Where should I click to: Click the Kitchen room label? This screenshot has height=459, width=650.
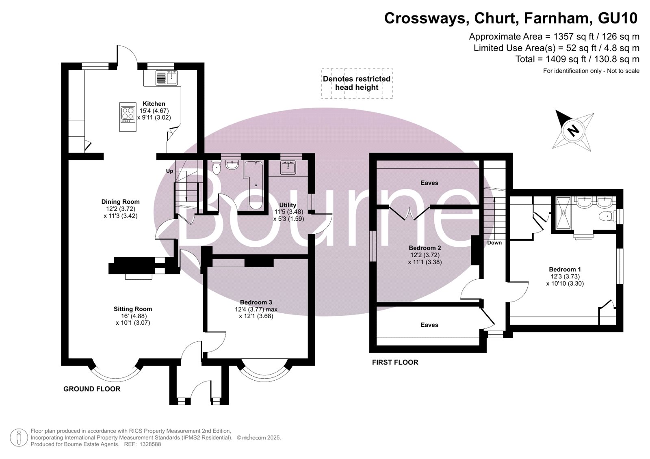click(154, 103)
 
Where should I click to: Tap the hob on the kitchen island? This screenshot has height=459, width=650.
click(128, 113)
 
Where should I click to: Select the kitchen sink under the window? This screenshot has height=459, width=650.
click(167, 78)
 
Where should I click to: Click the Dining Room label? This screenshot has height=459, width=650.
click(120, 202)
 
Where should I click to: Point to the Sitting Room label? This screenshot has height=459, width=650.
click(133, 309)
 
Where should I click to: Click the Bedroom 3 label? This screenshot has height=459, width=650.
click(256, 302)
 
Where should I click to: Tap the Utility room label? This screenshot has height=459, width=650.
click(288, 205)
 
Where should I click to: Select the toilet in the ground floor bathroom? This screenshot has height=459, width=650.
click(216, 167)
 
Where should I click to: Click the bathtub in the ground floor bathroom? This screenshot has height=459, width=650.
click(254, 185)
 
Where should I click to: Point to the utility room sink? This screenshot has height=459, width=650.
click(288, 167)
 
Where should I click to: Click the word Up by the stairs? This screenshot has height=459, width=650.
click(169, 171)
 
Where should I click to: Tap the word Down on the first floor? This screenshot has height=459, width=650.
click(494, 242)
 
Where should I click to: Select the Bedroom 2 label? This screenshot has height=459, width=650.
click(425, 248)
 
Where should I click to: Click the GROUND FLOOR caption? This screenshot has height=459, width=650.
click(92, 389)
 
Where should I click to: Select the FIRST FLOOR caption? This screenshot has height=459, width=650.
click(395, 362)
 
